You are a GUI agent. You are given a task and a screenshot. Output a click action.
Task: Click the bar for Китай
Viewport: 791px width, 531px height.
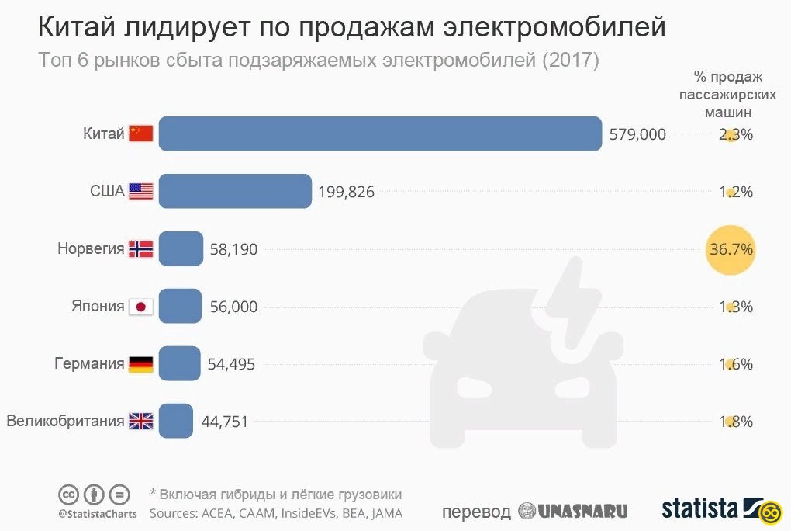point(380,134)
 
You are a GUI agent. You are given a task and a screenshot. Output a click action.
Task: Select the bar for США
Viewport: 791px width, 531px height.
point(235,191)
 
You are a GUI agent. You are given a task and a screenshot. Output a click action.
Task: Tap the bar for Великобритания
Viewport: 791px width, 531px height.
point(176,422)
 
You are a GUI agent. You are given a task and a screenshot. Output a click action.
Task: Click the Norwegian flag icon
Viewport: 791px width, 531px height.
point(141,249)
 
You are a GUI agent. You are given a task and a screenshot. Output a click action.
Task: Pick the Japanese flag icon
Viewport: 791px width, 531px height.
point(141,307)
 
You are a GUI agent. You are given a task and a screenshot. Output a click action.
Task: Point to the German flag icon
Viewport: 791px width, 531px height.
point(141,364)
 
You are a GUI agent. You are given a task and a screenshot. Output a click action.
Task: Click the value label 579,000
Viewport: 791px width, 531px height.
point(637,134)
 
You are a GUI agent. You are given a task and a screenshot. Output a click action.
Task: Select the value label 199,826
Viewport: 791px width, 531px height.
point(346,192)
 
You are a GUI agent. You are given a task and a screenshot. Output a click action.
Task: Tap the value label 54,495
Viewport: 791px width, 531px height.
point(232,364)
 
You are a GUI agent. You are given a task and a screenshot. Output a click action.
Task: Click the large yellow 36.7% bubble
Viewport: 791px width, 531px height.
point(731,250)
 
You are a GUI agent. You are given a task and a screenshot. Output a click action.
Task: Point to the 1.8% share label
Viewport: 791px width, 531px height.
point(736,422)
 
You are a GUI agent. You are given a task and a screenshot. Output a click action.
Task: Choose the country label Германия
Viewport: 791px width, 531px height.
point(89,364)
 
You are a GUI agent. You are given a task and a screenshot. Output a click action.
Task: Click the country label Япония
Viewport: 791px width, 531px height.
point(98,307)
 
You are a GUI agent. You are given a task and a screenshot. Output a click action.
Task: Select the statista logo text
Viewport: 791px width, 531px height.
point(699,508)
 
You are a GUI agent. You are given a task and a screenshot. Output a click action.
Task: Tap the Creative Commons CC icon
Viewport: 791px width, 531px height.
point(68,495)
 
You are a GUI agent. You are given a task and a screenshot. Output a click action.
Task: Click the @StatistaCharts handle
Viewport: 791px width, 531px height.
point(97,513)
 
